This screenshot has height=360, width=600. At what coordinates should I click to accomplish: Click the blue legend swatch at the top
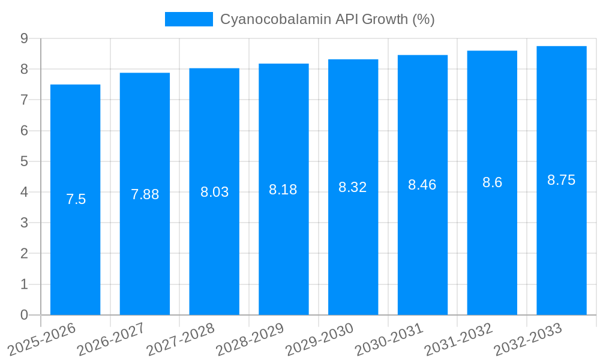[188, 19]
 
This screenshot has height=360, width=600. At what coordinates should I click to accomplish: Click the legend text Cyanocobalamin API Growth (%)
[327, 19]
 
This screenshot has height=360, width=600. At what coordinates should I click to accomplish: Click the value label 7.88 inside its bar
[145, 194]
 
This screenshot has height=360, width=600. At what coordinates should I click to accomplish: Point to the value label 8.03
[214, 192]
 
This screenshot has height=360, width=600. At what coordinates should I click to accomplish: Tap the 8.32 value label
[353, 187]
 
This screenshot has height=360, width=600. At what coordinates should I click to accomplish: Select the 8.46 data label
[422, 185]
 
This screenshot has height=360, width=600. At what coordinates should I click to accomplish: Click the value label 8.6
[492, 182]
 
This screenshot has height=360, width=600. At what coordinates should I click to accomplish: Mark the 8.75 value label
[562, 180]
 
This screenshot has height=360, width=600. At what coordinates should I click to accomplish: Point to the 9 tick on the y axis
[24, 38]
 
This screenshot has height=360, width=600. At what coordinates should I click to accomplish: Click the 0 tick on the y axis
[24, 315]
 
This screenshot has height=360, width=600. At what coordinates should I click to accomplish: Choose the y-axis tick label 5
[24, 161]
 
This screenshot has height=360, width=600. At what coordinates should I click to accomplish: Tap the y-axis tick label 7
[24, 100]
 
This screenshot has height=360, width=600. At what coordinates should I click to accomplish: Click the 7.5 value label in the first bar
[76, 199]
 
